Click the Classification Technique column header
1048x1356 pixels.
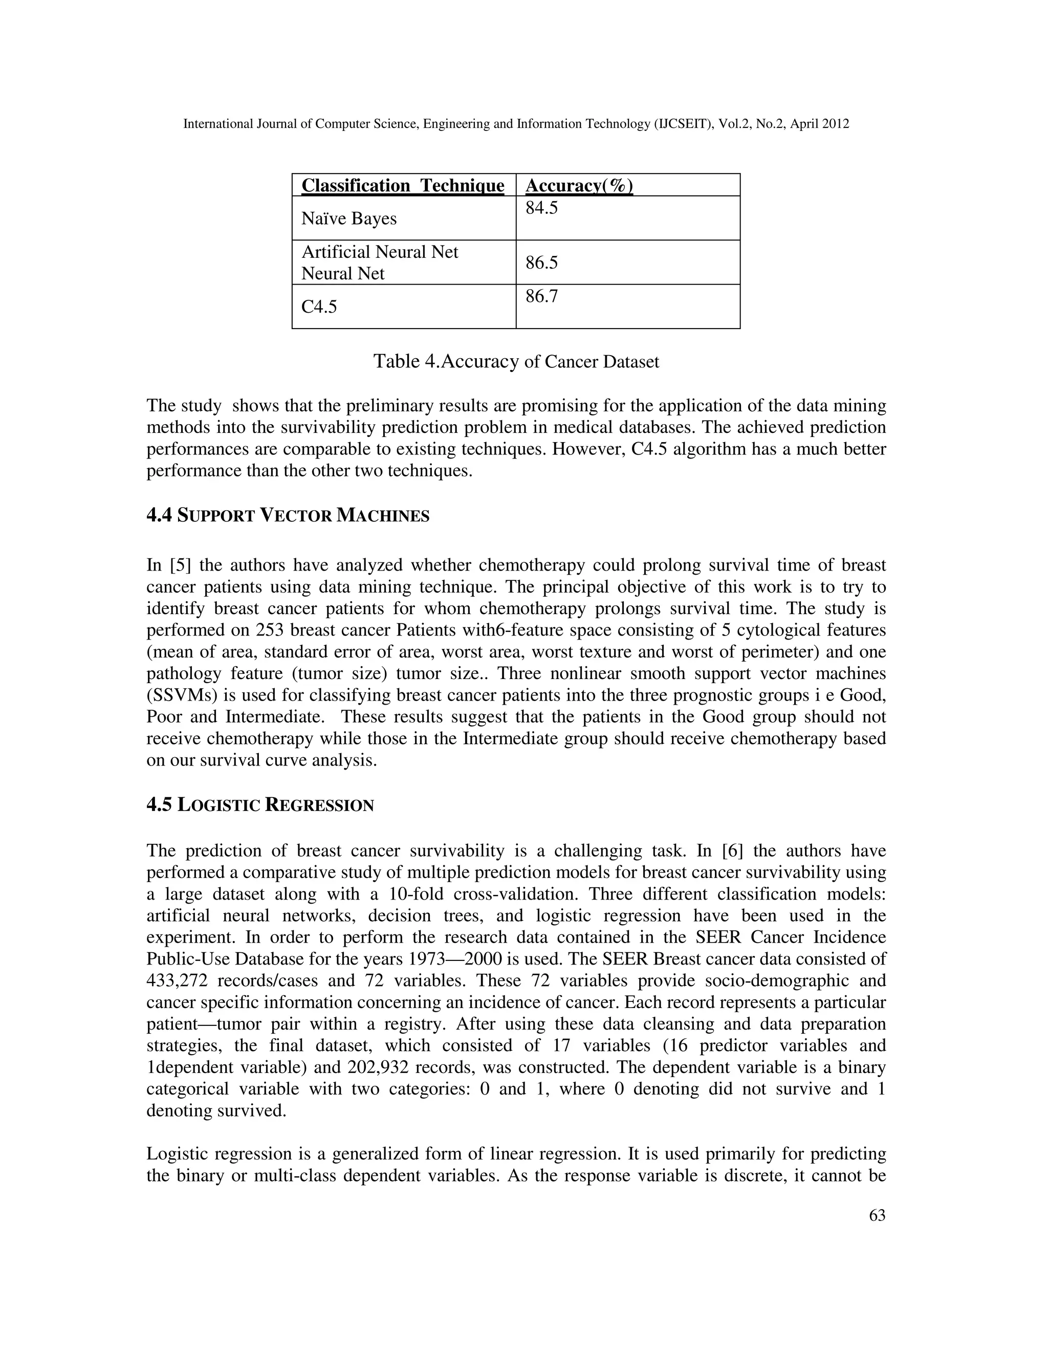click(402, 186)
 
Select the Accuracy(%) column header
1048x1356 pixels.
click(579, 186)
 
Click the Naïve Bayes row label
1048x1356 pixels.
click(349, 218)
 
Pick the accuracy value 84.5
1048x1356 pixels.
click(541, 208)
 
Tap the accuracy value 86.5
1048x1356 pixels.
click(541, 263)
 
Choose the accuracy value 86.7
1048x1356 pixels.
click(541, 296)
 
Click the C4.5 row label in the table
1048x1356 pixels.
click(319, 307)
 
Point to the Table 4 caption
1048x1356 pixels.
click(516, 361)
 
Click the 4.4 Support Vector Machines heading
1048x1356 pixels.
click(288, 515)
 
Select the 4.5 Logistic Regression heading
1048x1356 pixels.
click(260, 805)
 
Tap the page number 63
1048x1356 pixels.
click(877, 1216)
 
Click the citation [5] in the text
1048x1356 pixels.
click(180, 565)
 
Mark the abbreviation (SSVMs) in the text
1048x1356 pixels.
click(177, 695)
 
